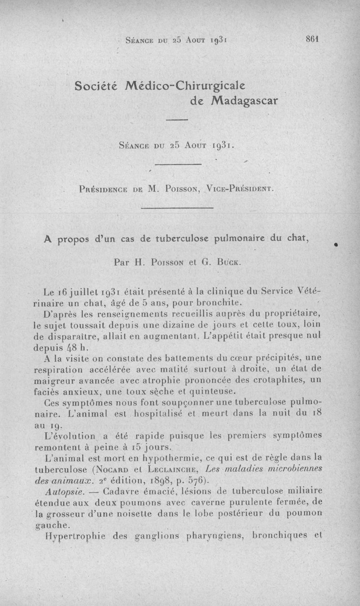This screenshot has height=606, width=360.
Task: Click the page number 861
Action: tap(312, 39)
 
